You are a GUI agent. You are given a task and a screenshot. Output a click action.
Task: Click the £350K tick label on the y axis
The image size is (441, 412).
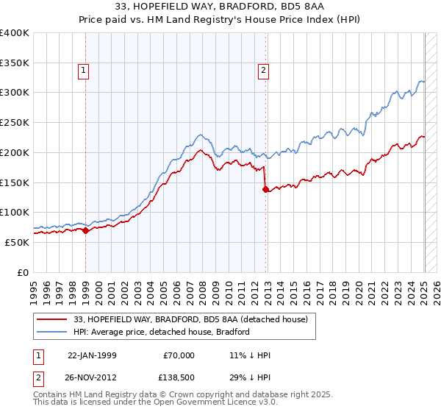[15, 63]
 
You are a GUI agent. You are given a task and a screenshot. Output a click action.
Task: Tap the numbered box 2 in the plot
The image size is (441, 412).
[263, 71]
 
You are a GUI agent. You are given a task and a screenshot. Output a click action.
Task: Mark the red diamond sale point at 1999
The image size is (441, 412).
[86, 230]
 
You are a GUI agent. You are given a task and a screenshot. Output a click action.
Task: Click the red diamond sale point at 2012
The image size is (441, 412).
[266, 189]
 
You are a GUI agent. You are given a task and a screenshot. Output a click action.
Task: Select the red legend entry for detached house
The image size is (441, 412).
[173, 319]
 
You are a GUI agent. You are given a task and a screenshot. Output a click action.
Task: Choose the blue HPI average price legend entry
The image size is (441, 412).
[162, 332]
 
